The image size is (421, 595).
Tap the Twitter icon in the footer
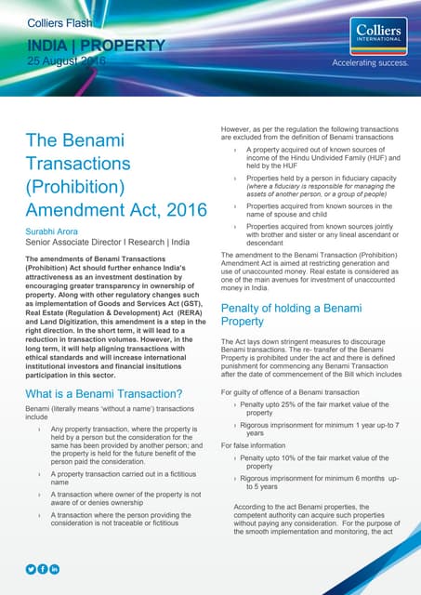pos(31,568)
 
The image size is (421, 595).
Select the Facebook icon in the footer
pos(43,568)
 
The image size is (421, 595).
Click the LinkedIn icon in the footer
pos(55,568)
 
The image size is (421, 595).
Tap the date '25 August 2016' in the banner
pos(65,60)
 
